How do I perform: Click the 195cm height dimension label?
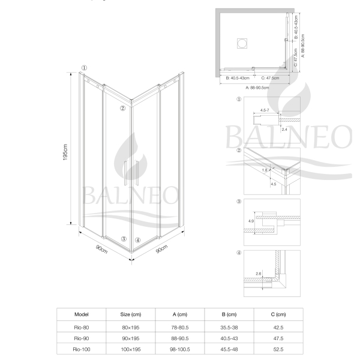65,152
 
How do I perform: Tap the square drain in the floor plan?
242,43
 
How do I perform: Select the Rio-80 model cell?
82,328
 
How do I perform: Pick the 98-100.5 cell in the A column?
180,349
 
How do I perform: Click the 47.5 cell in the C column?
278,338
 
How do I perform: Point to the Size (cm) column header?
131,314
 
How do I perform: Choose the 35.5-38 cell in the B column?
229,328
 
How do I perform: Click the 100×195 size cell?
131,349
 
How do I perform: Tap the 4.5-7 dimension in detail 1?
265,110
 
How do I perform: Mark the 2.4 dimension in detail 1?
284,130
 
